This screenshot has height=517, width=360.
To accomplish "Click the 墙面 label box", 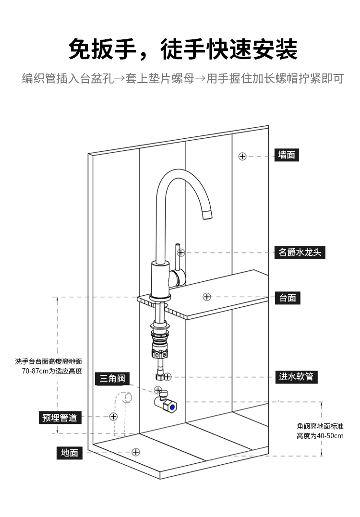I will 287,155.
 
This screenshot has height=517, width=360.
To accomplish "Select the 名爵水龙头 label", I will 300,252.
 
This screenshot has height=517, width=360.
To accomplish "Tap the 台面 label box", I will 288,298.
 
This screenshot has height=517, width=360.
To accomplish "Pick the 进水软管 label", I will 296,376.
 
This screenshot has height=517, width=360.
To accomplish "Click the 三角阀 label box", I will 112,379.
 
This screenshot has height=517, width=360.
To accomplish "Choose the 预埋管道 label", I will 60,417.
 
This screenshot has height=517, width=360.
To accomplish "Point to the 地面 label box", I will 70,453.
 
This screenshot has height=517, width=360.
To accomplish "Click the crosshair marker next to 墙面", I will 242,156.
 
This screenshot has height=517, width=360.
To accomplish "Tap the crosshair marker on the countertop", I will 207,297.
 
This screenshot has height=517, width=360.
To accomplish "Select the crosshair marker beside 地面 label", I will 136,452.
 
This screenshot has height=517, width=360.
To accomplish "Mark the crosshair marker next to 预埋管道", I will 113,416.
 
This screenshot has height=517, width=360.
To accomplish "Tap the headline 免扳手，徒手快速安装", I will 183,50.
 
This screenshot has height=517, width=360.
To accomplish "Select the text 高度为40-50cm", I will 320,436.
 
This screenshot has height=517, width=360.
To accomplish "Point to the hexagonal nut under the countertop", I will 160,355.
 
